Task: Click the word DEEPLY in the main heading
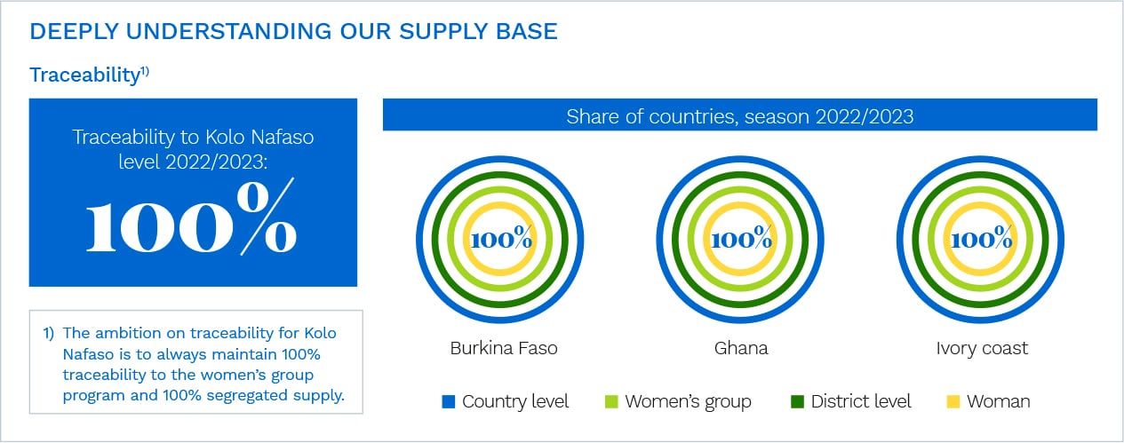pos(75,31)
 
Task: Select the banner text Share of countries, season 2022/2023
pos(739,116)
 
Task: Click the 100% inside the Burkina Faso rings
pos(501,238)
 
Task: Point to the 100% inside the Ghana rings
pos(741,238)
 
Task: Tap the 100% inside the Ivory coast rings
pos(982,238)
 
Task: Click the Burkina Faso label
pos(503,348)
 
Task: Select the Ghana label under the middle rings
pos(741,348)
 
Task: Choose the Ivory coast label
pos(982,348)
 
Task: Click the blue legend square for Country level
pos(449,401)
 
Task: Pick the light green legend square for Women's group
pos(611,401)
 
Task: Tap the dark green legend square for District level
pos(797,401)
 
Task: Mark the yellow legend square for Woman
pos(953,401)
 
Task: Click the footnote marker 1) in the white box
pos(48,333)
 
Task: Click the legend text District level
pos(861,401)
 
